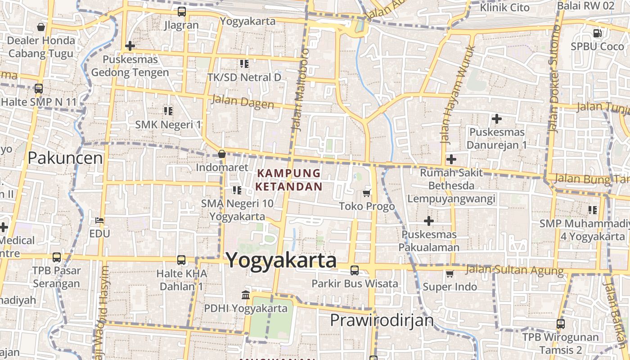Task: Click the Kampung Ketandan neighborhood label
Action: [x=289, y=180]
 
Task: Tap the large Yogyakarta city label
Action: [x=281, y=260]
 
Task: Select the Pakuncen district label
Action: [x=65, y=158]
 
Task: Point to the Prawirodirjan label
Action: [x=382, y=320]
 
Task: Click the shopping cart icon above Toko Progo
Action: [x=367, y=193]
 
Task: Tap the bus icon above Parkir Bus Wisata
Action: [x=355, y=270]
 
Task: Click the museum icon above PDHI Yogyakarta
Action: [x=246, y=295]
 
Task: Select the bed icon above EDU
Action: [x=99, y=220]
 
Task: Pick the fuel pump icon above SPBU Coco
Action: [x=597, y=33]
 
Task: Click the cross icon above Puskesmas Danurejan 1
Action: [x=497, y=119]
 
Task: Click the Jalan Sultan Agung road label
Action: [x=514, y=270]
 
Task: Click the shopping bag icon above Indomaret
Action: [x=222, y=154]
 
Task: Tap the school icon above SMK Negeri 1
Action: [x=168, y=111]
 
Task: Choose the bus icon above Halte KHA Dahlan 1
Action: [x=181, y=260]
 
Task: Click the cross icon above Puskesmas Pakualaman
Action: [x=429, y=221]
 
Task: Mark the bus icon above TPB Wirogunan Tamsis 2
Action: [x=561, y=324]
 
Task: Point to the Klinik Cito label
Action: [x=505, y=8]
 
